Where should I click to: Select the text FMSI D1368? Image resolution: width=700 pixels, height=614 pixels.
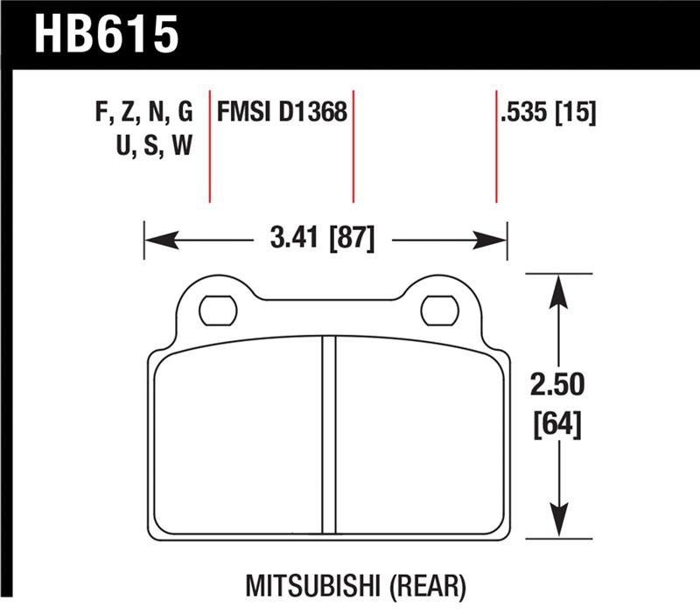[282, 113]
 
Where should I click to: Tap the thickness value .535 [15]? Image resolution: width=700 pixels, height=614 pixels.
[549, 113]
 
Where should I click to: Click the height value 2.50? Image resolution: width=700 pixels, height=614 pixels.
[557, 385]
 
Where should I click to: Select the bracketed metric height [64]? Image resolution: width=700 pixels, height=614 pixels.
[557, 426]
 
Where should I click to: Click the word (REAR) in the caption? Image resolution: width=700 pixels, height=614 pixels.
[427, 583]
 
